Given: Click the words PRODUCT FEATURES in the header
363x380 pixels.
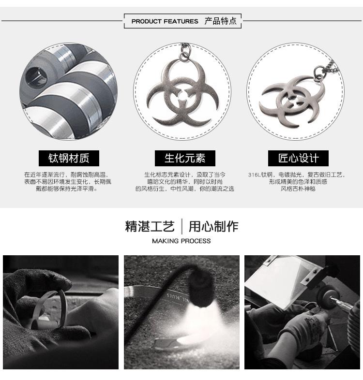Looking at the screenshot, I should coord(165,21).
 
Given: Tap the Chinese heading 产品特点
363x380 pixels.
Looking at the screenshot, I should coord(221,21).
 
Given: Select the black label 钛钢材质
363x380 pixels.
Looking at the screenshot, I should coord(68,158).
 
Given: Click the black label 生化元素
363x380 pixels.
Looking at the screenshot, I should coord(184,158).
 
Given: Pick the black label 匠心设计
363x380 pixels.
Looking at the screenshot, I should coord(298,158).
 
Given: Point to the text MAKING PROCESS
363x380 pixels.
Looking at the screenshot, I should coord(181,241).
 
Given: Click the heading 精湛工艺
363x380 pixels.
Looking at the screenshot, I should coord(150,226).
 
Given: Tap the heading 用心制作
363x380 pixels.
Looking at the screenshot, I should coord(213,226).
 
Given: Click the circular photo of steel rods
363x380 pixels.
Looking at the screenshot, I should coord(68,91).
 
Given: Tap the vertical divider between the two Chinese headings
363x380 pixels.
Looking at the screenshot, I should coord(182,226).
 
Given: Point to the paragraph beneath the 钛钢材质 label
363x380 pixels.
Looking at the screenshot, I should coord(68,182).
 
